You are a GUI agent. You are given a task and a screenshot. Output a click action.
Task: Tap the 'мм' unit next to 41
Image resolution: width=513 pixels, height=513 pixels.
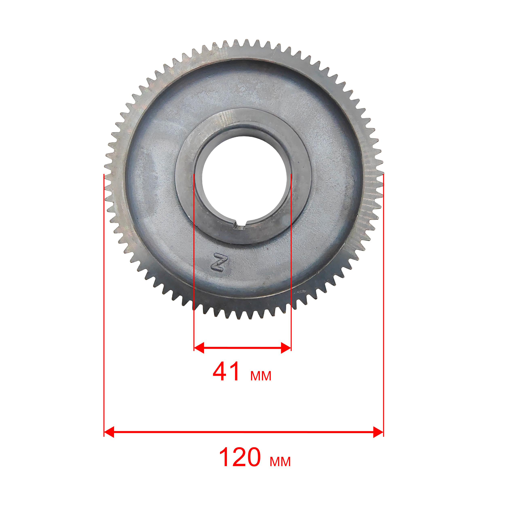click(261, 376)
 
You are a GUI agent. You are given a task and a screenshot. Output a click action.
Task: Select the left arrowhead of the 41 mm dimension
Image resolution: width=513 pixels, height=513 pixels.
click(199, 348)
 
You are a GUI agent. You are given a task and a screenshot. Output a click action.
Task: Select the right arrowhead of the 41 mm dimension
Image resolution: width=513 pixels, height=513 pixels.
click(286, 348)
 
